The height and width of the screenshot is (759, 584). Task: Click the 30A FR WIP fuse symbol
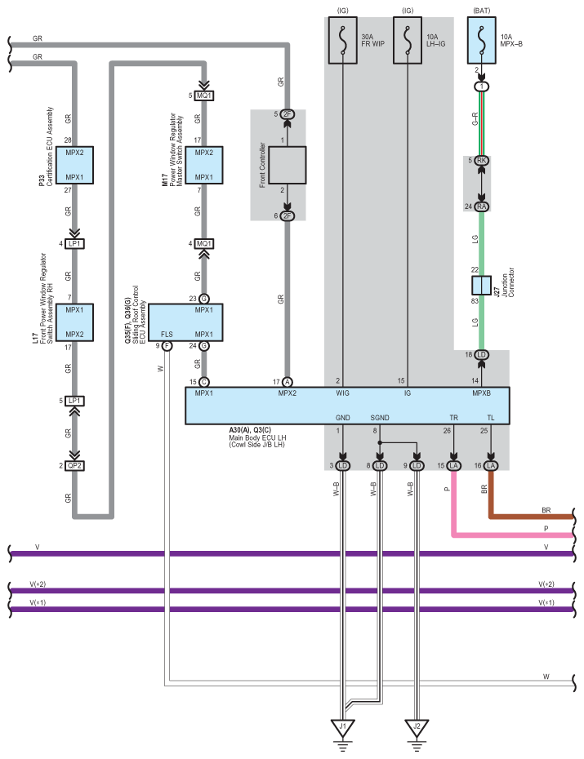343,41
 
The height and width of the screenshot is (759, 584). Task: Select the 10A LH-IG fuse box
408,41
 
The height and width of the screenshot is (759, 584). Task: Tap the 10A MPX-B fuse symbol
481,41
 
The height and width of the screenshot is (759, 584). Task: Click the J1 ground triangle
343,727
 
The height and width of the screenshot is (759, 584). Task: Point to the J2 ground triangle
417,727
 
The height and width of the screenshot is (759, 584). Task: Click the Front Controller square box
288,165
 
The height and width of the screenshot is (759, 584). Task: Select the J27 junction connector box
481,286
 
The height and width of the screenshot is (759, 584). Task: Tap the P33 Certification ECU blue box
74,165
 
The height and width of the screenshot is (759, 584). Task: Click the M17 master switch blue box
204,165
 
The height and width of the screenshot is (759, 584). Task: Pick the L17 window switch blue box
74,322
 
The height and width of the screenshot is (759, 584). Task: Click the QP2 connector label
74,466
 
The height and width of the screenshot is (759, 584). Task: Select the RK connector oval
481,160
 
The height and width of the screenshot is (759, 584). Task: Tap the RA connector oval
481,206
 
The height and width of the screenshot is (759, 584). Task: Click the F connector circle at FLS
167,345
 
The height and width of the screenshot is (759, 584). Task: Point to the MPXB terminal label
481,393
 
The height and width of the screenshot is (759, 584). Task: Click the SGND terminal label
380,417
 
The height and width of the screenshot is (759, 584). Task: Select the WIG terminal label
343,393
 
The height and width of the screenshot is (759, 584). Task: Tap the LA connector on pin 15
454,466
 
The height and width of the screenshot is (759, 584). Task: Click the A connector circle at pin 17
288,383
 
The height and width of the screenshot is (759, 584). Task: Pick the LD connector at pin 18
481,355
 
